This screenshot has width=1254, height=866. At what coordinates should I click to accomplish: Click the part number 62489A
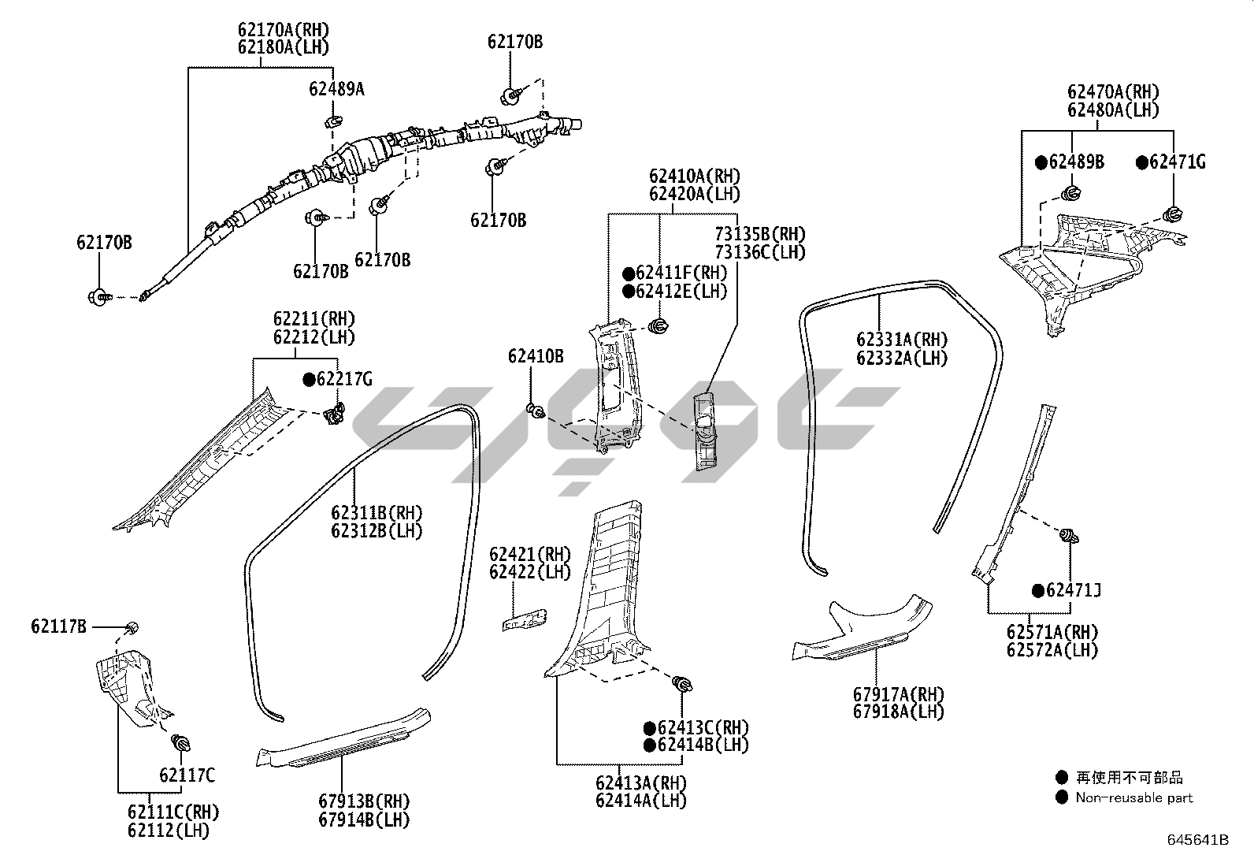(x=336, y=89)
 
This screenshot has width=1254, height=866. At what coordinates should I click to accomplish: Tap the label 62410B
(x=536, y=356)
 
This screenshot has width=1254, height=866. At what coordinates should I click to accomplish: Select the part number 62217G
(x=344, y=380)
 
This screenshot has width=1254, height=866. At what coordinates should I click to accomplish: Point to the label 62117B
(x=59, y=626)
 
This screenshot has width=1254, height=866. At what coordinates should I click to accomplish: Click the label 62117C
(x=187, y=775)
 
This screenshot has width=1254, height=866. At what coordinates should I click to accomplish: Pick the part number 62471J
(x=1073, y=590)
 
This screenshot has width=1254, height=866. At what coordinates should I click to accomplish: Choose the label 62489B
(x=1076, y=162)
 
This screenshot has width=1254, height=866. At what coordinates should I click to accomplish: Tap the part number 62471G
(x=1177, y=162)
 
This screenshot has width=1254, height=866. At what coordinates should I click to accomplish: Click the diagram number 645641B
(x=1197, y=840)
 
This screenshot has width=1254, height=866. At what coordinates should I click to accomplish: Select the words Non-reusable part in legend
(x=1134, y=797)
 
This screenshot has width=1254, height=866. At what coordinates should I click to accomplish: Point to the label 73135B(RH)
(x=760, y=234)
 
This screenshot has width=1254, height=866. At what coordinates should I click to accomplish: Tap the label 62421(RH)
(x=530, y=554)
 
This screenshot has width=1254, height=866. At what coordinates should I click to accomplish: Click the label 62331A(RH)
(x=902, y=340)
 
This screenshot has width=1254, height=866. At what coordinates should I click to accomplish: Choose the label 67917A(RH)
(x=898, y=694)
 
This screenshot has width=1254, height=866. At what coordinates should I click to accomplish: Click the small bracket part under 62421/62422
(x=525, y=619)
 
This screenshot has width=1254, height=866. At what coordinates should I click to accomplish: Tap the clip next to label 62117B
(x=132, y=626)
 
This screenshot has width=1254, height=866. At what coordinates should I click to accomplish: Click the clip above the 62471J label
(x=1069, y=537)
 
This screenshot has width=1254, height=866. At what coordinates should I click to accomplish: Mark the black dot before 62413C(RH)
(x=650, y=727)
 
